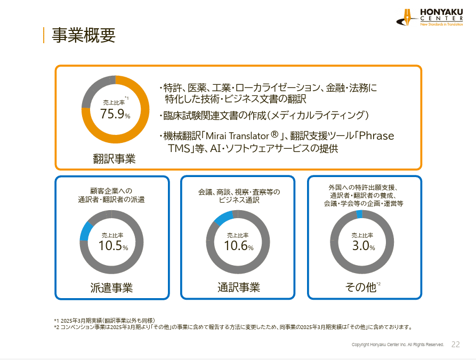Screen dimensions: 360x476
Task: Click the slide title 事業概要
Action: pos(83,35)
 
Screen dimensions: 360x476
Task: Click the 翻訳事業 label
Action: pos(114,158)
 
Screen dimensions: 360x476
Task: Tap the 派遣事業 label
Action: pos(111,288)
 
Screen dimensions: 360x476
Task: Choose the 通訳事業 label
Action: pos(238,287)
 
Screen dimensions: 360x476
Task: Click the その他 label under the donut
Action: pos(360,287)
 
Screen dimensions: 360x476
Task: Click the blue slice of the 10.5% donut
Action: pos(84,231)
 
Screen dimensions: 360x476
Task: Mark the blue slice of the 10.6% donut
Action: pos(223,217)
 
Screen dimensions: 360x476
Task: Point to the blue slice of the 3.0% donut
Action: pos(359,214)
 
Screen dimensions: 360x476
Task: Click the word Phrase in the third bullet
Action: pos(376,136)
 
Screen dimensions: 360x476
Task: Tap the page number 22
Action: pos(455,345)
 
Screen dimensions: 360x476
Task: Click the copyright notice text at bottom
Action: pos(398,345)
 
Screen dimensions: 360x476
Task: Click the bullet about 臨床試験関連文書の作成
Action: pos(264,115)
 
